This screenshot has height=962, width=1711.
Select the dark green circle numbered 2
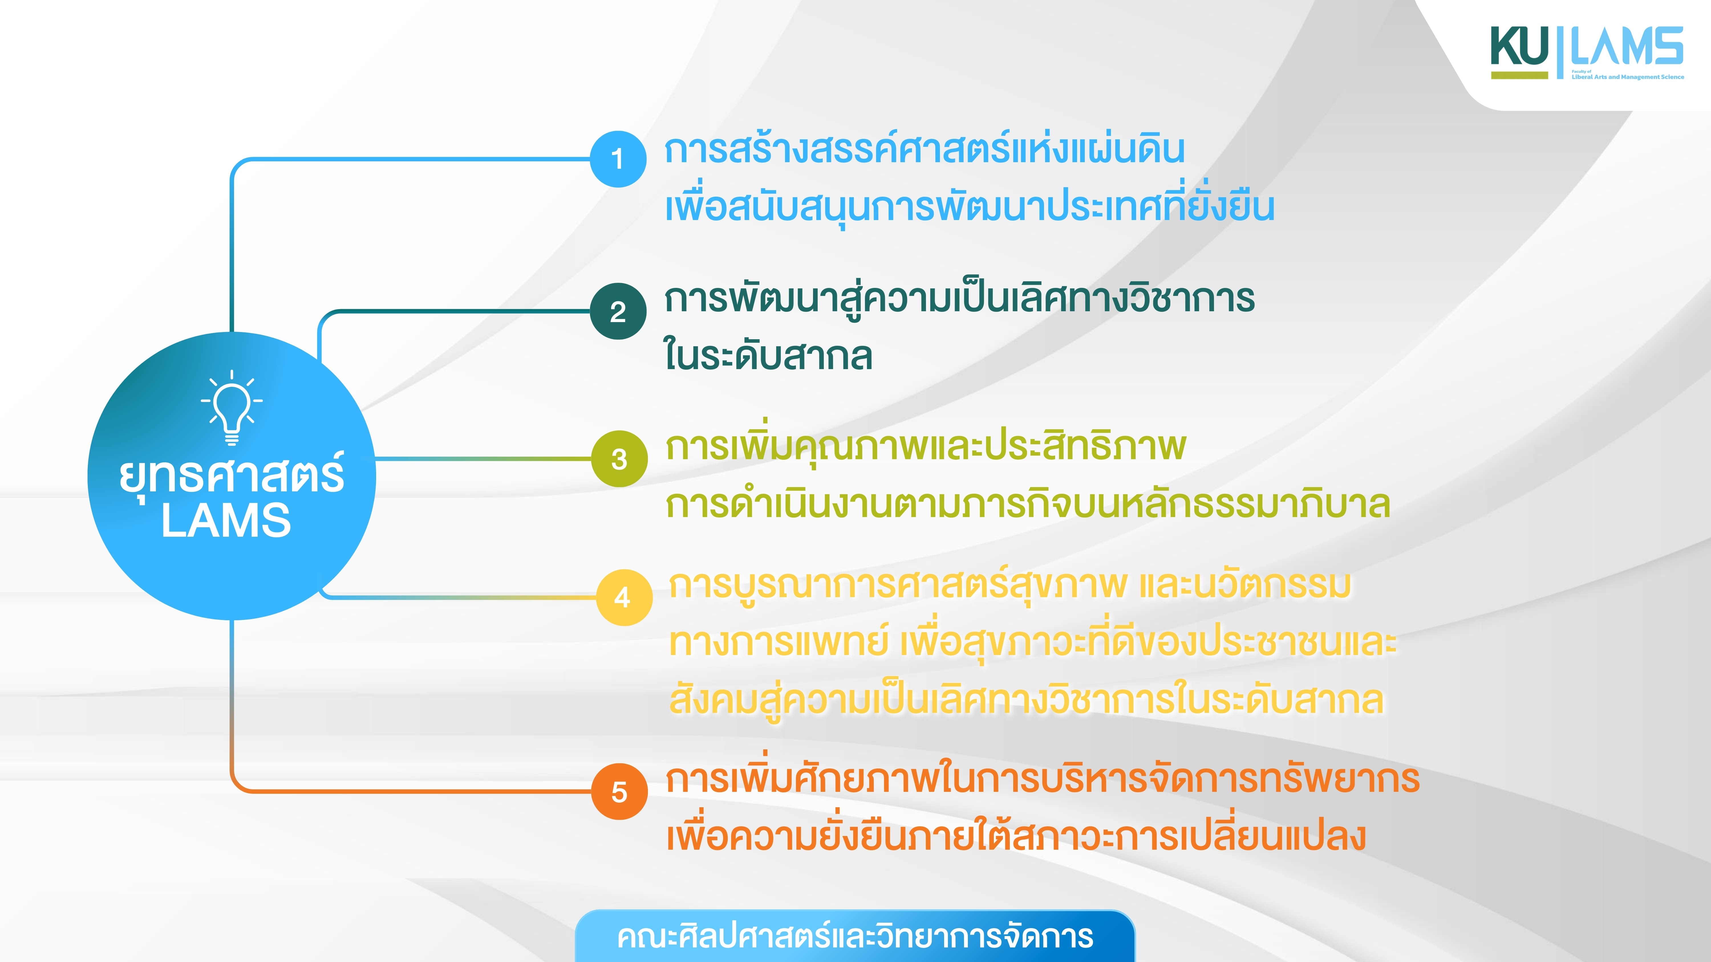point(618,311)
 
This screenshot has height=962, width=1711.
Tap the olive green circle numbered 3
point(619,459)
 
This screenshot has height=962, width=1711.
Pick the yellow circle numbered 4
point(624,597)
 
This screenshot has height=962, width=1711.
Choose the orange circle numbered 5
point(619,791)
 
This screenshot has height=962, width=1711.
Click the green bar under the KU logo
point(1519,75)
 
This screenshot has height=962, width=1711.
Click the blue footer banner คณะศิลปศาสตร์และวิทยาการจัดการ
point(855,936)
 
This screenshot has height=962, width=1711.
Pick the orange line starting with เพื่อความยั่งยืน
point(1016,835)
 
